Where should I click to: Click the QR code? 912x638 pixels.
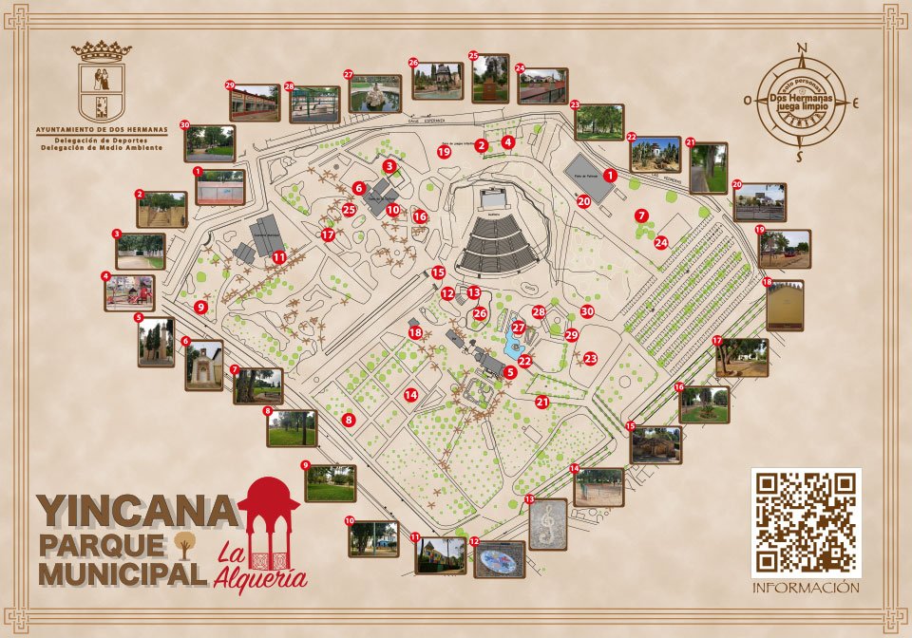coord(806,523)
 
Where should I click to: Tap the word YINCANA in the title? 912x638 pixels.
coord(138,513)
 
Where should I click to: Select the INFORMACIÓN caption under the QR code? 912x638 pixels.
coord(806,588)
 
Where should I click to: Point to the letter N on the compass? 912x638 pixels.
coord(802,50)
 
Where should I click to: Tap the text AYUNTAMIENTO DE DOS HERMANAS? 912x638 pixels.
coord(101,128)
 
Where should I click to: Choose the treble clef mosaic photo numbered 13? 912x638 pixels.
coord(548,524)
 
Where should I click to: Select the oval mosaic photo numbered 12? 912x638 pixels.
coord(499,560)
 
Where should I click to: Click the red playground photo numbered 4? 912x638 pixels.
coord(129,293)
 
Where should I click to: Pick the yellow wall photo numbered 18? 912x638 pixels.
coord(785,306)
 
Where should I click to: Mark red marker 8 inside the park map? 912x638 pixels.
coord(349,420)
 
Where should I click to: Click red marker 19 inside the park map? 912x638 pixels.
coord(443,151)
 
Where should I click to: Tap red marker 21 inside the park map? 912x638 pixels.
coord(542,402)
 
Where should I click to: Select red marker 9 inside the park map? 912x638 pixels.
coord(201,307)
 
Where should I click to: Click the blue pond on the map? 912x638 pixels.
coord(514,345)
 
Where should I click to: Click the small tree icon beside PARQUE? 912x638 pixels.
coord(184,544)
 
